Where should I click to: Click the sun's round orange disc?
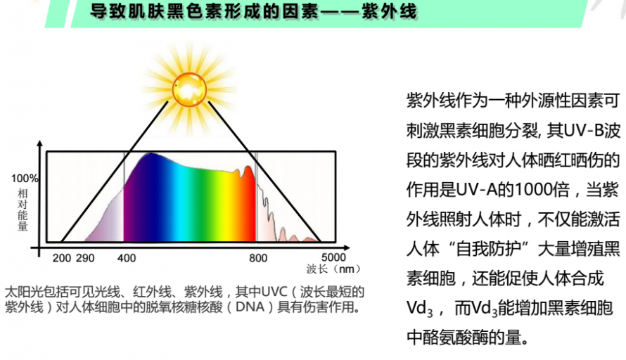190,89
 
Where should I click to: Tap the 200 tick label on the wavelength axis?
62,258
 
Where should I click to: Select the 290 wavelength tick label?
85,258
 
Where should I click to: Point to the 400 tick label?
127,258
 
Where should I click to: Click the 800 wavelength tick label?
258,258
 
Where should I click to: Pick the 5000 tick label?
334,257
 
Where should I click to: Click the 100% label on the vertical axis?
25,179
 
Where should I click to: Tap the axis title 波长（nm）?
333,269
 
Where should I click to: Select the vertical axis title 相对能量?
23,210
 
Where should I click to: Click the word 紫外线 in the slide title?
389,11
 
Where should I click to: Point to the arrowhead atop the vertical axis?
39,144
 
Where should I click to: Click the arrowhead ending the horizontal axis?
347,247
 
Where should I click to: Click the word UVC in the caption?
274,292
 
